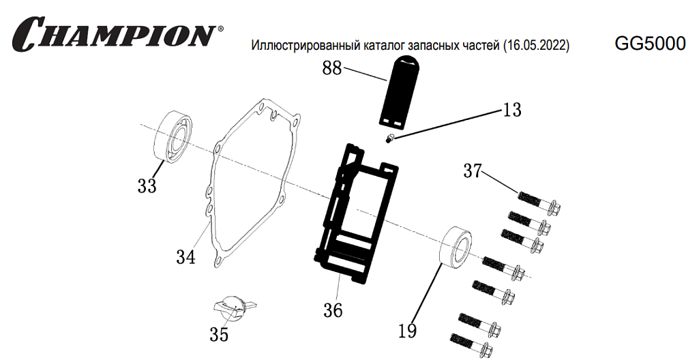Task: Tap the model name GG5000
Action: (x=650, y=44)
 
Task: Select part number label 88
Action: (x=332, y=68)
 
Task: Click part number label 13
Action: (x=511, y=110)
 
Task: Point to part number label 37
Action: (x=473, y=170)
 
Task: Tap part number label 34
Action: (x=185, y=257)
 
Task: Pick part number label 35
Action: (x=219, y=335)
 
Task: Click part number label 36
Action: (x=333, y=310)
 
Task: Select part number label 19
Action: (x=407, y=331)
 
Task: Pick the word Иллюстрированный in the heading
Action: (x=299, y=46)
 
